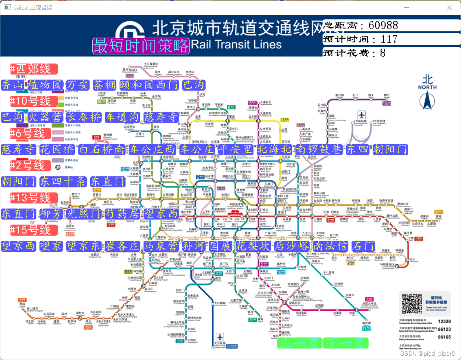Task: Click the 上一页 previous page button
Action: pyautogui.click(x=300, y=343)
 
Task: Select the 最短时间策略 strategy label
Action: pyautogui.click(x=141, y=46)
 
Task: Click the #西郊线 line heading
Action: pyautogui.click(x=34, y=69)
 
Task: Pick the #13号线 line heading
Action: pyautogui.click(x=34, y=198)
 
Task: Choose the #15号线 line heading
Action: pyautogui.click(x=34, y=230)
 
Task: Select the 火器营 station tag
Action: pyautogui.click(x=45, y=117)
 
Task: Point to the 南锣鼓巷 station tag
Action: pyautogui.click(x=319, y=149)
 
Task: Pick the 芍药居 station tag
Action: pyautogui.click(x=123, y=214)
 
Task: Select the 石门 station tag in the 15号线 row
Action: pyautogui.click(x=363, y=246)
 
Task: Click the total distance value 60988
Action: pyautogui.click(x=383, y=25)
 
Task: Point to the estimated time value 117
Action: pyautogui.click(x=389, y=39)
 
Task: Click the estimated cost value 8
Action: pyautogui.click(x=383, y=53)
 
